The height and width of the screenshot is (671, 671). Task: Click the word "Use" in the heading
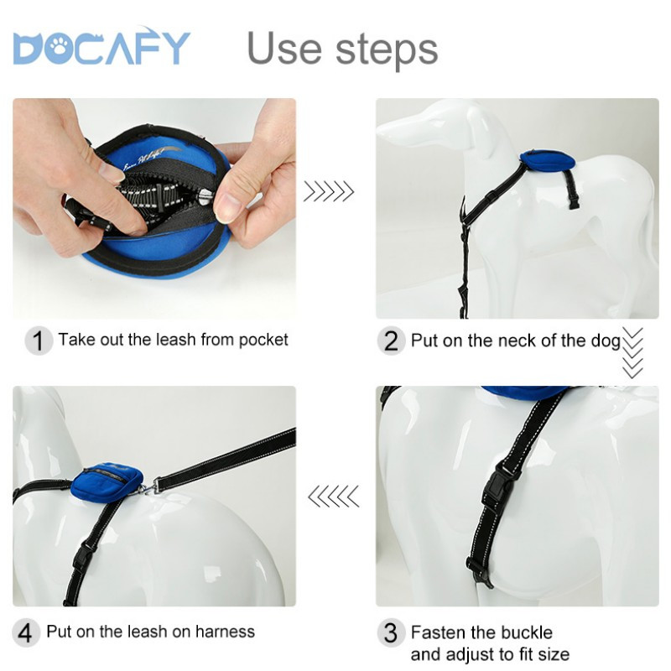point(284,48)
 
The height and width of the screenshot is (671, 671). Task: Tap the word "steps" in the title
point(387,51)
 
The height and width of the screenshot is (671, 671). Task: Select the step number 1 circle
point(39,341)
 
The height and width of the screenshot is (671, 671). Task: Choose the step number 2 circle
point(391,341)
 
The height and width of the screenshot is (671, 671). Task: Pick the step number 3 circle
point(391,632)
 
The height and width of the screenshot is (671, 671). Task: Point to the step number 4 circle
point(26,632)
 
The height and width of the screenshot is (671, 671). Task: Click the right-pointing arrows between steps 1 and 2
point(329,191)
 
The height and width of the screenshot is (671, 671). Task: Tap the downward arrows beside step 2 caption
point(632,353)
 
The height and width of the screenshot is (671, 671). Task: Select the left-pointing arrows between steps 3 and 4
point(333,497)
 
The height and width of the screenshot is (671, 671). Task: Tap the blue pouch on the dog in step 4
point(107,481)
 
